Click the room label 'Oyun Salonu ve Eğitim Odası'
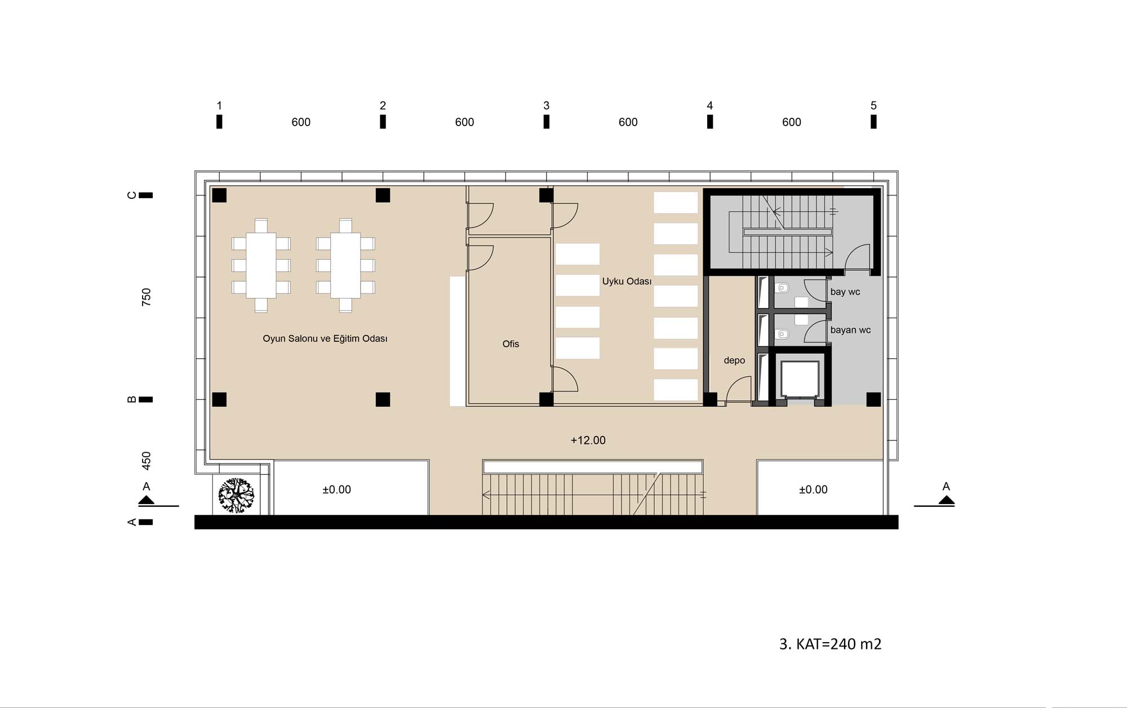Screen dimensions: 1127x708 tap(325, 339)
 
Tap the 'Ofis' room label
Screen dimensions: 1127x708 tap(511, 344)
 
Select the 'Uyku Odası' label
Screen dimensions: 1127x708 tap(627, 281)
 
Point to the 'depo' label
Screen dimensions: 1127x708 tap(734, 360)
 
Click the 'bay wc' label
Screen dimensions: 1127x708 tap(845, 292)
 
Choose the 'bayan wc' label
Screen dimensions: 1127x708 tap(850, 330)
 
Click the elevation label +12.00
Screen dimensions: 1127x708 tap(588, 440)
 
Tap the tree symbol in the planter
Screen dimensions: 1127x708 tap(237, 496)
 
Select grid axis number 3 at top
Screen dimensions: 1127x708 tap(546, 105)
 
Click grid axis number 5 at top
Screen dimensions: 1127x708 tap(873, 105)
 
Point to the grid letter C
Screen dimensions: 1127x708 tap(132, 195)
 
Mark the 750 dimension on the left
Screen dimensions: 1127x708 tap(147, 297)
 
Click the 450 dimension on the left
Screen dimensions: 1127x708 tap(147, 461)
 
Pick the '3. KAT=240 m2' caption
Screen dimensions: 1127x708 tap(830, 644)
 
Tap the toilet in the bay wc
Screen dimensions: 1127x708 tap(783, 288)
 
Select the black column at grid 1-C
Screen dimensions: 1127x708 tap(219, 195)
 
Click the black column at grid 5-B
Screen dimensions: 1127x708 tap(873, 399)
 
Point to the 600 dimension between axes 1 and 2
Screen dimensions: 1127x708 tap(301, 122)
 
